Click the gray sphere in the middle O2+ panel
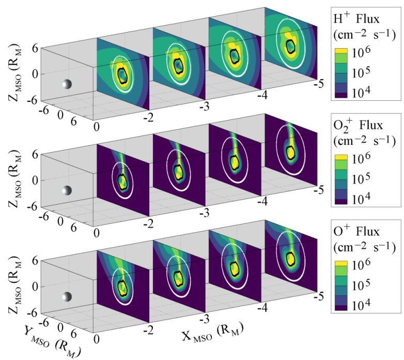pyautogui.click(x=66, y=190)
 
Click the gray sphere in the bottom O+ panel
pyautogui.click(x=66, y=297)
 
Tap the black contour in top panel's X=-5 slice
pyautogui.click(x=291, y=47)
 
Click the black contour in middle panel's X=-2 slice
pyautogui.click(x=122, y=182)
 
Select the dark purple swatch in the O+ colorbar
pyautogui.click(x=342, y=307)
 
